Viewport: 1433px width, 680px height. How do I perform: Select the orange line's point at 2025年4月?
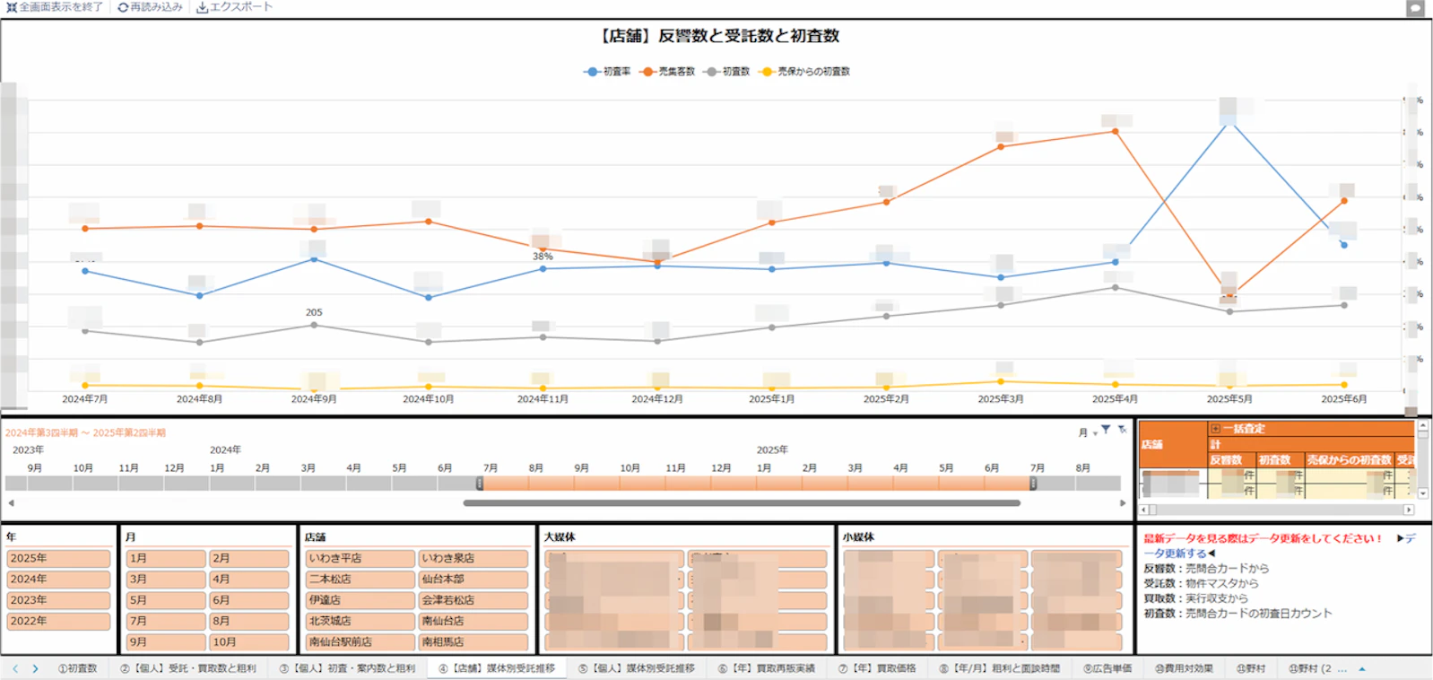1115,131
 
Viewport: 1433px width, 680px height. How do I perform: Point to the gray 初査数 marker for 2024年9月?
314,325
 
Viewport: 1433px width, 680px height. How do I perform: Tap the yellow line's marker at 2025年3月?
1001,382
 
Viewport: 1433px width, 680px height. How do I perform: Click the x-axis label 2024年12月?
657,399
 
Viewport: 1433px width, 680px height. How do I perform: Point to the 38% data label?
543,257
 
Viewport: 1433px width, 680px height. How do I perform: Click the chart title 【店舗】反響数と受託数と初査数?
717,36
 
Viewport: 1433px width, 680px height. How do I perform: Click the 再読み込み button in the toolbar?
150,7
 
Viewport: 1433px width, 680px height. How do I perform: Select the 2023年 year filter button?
58,600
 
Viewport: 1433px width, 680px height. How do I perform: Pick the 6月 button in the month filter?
248,600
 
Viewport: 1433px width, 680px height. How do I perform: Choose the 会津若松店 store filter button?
473,600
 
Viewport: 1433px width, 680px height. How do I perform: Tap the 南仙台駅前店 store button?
360,642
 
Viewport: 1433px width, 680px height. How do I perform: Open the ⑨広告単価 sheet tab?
1107,668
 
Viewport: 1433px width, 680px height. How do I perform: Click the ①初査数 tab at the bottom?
77,668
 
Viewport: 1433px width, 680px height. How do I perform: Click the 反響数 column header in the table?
1226,460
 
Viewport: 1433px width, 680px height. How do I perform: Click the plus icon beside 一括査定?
1215,429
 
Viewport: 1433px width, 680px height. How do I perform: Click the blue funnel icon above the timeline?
1106,430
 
